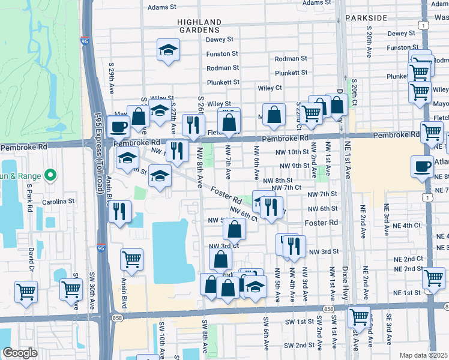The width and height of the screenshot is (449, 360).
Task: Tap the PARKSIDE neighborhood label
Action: coord(366,18)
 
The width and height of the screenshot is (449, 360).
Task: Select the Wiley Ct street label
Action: coord(270,88)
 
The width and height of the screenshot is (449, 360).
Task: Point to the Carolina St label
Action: coord(58,202)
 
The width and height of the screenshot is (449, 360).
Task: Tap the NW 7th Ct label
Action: coord(285,188)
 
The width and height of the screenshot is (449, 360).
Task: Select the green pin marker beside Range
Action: coord(50,176)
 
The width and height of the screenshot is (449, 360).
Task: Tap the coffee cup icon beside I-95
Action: coord(119,127)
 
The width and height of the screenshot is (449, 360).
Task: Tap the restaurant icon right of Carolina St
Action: coord(119,212)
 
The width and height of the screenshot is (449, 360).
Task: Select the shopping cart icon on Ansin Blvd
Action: coord(131,260)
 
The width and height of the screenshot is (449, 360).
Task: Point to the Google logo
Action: coord(20,353)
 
